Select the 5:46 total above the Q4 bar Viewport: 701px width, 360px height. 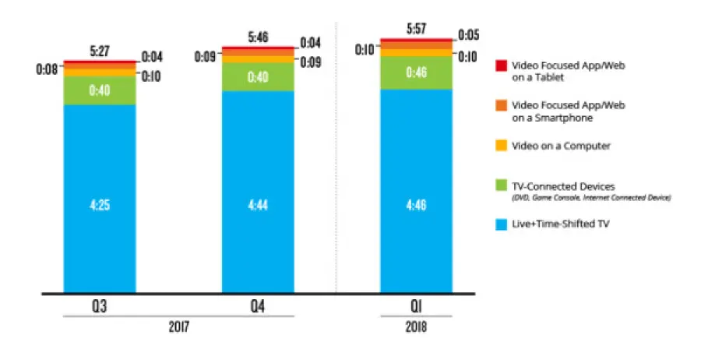coord(258,37)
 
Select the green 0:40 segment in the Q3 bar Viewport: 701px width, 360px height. coord(100,90)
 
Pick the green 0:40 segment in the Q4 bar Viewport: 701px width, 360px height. coord(258,77)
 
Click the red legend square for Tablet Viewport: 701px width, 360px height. coord(502,66)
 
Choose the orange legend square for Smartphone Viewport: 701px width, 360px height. coord(502,105)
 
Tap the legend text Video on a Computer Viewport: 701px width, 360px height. coord(561,145)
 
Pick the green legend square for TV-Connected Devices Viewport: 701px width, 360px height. coord(502,186)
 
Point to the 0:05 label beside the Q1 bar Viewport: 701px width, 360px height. coord(469,34)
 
